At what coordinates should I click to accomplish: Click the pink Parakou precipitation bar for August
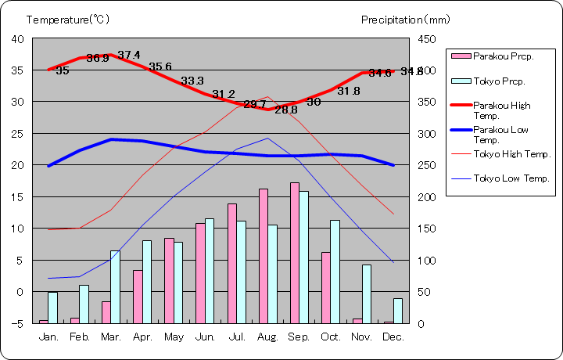point(264,256)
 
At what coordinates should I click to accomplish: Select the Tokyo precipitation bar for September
point(303,257)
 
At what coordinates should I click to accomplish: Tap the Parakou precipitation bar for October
point(326,287)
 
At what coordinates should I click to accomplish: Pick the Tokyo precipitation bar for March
point(115,286)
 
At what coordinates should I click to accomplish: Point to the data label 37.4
point(129,55)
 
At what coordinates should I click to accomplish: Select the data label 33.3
point(192,81)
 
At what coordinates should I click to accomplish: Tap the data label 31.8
point(349,91)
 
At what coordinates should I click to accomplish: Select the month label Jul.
point(237,337)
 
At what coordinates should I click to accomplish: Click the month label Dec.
point(393,337)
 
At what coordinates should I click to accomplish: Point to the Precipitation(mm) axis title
point(406,19)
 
